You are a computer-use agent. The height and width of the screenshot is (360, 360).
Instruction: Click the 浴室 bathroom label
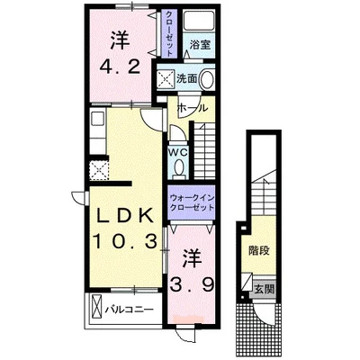coord(201,45)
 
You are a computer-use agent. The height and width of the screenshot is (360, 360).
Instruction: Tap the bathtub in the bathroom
coord(199,21)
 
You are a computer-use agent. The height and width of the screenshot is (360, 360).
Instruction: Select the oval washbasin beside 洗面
coord(207,79)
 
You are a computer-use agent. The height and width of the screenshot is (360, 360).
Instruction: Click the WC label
coord(178,152)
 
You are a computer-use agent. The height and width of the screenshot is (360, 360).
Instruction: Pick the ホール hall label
coord(193,108)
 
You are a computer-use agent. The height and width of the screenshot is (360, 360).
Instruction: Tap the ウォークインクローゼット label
coord(192,202)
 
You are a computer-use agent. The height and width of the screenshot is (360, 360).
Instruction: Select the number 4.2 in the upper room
coord(120,67)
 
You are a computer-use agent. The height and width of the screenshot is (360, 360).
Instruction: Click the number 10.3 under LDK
coord(126,241)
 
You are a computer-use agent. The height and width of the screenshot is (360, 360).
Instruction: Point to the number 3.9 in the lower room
coord(193,284)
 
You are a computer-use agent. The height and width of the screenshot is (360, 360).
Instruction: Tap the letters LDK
coord(125,215)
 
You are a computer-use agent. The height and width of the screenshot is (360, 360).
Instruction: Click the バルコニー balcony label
coord(129,310)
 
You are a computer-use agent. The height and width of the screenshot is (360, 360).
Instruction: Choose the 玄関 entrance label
coord(265,290)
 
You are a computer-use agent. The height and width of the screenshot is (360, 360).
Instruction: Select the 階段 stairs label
coord(259,250)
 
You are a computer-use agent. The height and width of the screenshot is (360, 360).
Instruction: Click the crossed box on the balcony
coord(96,306)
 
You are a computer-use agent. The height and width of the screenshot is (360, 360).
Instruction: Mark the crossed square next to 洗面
coord(166,79)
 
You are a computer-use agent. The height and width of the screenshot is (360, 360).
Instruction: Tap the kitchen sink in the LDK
coord(97,119)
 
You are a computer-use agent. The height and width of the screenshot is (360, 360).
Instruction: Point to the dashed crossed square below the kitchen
coord(99,170)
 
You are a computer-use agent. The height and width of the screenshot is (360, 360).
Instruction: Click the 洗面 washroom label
coord(186,78)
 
